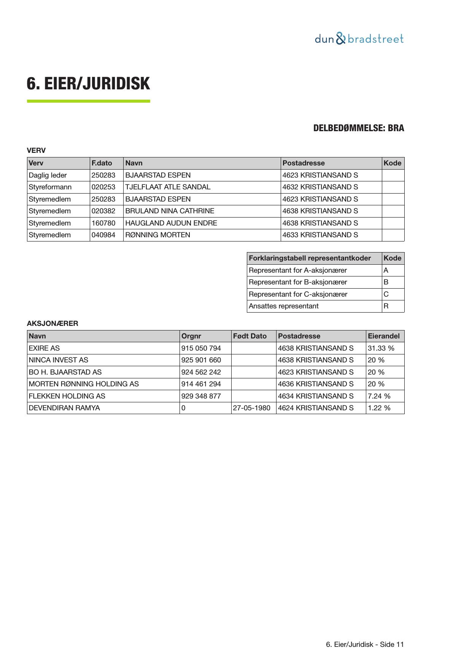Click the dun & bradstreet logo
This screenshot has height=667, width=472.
pos(359,39)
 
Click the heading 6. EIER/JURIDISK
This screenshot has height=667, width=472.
pos(88,84)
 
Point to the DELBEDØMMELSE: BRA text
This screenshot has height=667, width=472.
pos(358,128)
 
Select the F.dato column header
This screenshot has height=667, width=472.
pos(102,163)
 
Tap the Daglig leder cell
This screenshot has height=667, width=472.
pos(48,175)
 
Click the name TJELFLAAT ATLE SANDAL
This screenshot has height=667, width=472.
pos(168,187)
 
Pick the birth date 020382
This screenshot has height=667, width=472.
pos(103,211)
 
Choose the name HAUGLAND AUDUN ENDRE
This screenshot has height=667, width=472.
pos(171,223)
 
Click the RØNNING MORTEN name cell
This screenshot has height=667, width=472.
pos(158,235)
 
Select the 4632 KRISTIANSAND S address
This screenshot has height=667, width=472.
pos(320,187)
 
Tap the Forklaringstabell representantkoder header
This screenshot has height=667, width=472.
pos(310,258)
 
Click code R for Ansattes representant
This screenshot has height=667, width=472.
pos(386,306)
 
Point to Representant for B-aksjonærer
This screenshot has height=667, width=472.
pos(298,282)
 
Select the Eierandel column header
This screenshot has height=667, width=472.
pos(384,336)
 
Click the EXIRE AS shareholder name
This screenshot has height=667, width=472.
pos(44,348)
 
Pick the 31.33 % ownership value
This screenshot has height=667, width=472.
pos(381,348)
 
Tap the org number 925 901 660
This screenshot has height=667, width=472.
pos(201,360)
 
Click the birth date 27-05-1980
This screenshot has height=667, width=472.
pos(252,408)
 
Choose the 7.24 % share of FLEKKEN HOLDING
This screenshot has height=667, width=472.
pos(379,396)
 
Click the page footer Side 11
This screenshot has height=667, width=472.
pos(365,645)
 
